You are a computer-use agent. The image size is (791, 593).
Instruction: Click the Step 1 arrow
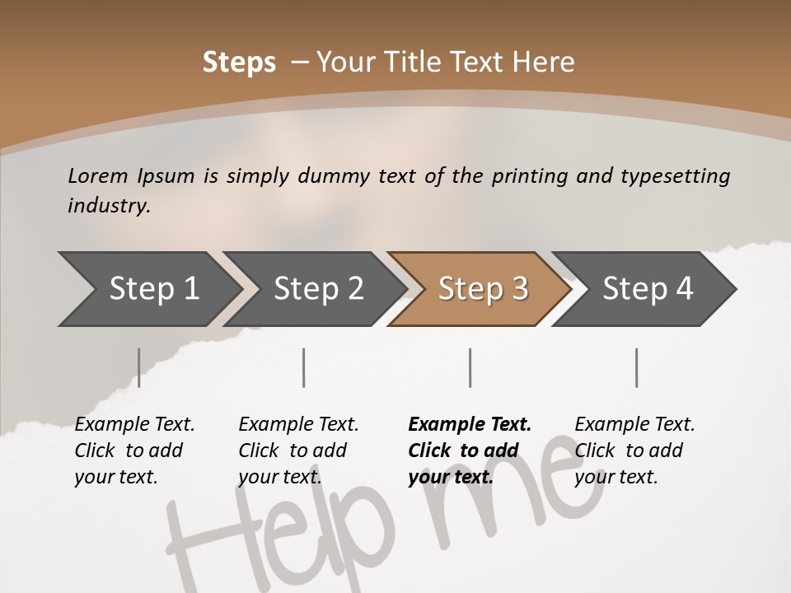pos(148,289)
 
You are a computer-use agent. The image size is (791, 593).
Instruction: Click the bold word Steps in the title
pos(239,63)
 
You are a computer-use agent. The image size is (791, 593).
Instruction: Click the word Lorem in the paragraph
pos(98,176)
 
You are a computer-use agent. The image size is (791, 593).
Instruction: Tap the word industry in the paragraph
pos(108,206)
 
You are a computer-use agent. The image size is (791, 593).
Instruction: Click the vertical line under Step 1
pos(139,367)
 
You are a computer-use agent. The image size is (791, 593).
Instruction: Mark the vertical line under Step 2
pos(304,367)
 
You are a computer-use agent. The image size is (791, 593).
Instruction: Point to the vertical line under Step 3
pos(470,367)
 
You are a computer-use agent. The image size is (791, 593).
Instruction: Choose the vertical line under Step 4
pos(637,367)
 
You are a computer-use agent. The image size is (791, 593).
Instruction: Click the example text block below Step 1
pos(134,451)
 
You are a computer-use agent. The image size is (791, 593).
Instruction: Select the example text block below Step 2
pos(298,451)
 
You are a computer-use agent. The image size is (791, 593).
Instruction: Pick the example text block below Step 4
pos(634,451)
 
